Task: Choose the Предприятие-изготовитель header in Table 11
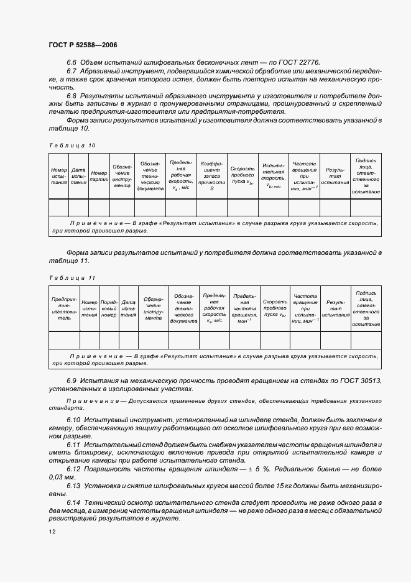click(65, 308)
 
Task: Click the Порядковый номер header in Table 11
click(109, 308)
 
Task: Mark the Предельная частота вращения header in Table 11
click(244, 308)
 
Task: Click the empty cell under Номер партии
click(99, 207)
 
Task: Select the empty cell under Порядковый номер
click(109, 340)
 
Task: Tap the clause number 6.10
click(73, 421)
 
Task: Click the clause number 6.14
click(73, 501)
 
